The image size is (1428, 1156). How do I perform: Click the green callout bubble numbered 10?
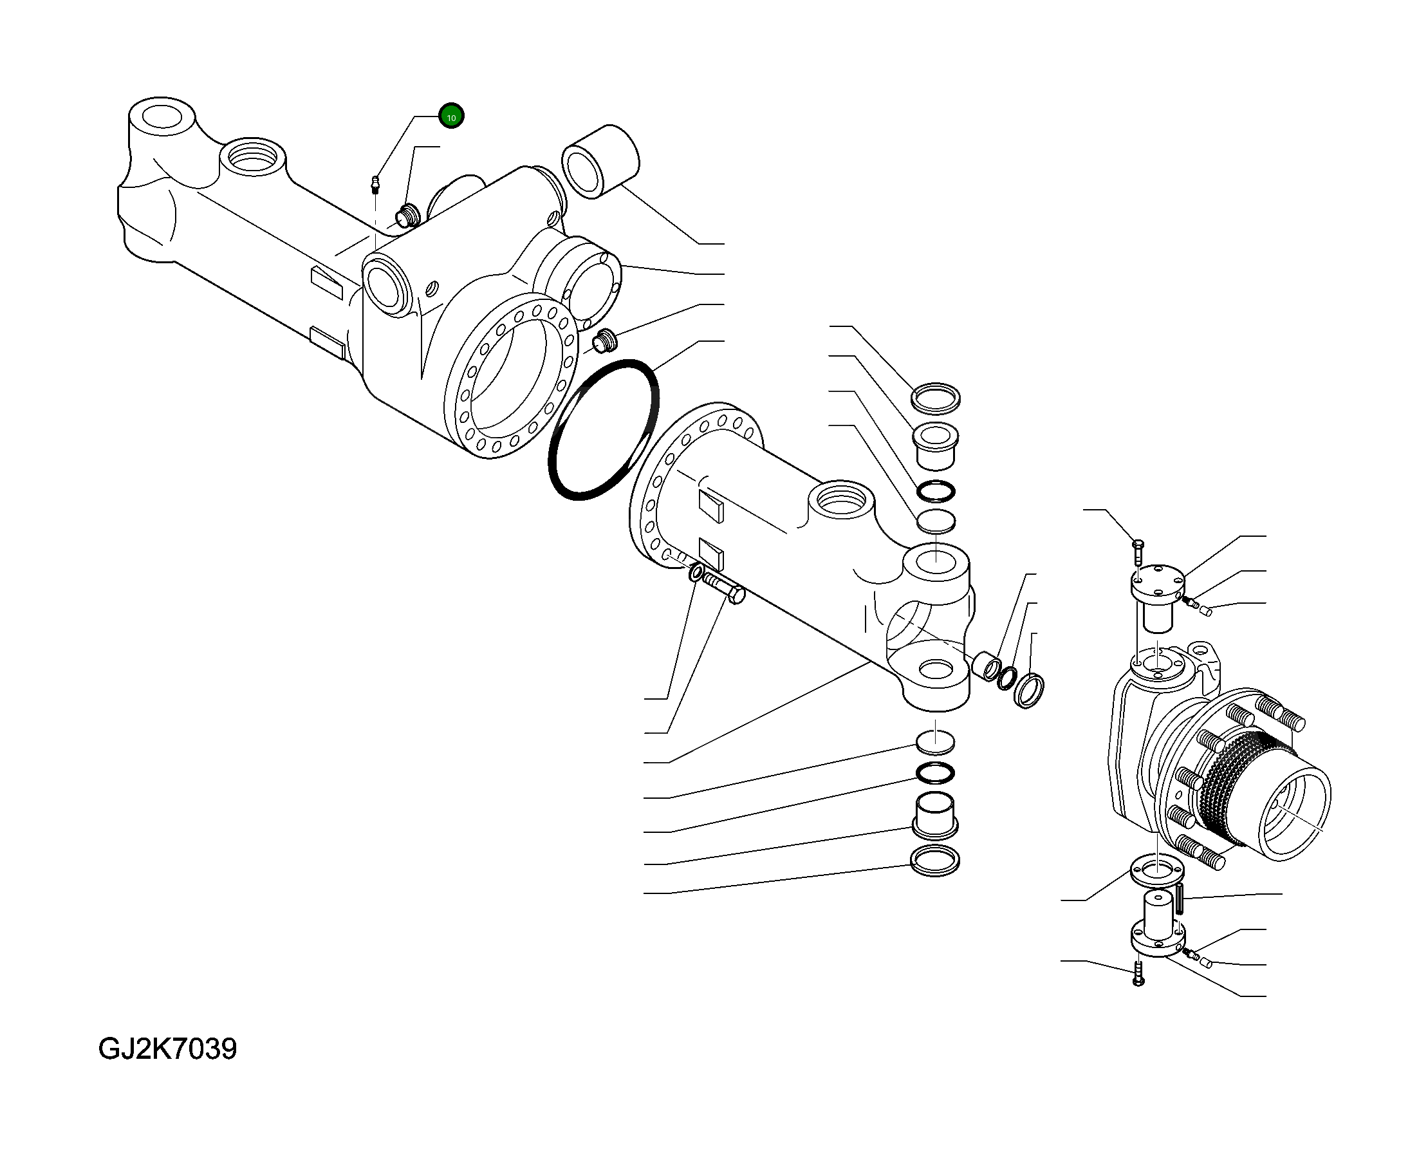450,117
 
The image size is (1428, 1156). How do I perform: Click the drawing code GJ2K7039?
167,1049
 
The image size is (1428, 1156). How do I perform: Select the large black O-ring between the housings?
603,429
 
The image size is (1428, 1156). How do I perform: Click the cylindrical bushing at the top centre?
600,160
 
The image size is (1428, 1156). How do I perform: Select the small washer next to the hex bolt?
696,572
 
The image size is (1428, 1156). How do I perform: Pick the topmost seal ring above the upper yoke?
935,399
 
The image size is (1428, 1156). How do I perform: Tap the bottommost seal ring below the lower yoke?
934,862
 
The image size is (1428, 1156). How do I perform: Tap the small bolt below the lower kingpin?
1138,974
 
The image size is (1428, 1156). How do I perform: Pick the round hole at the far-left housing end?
162,117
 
